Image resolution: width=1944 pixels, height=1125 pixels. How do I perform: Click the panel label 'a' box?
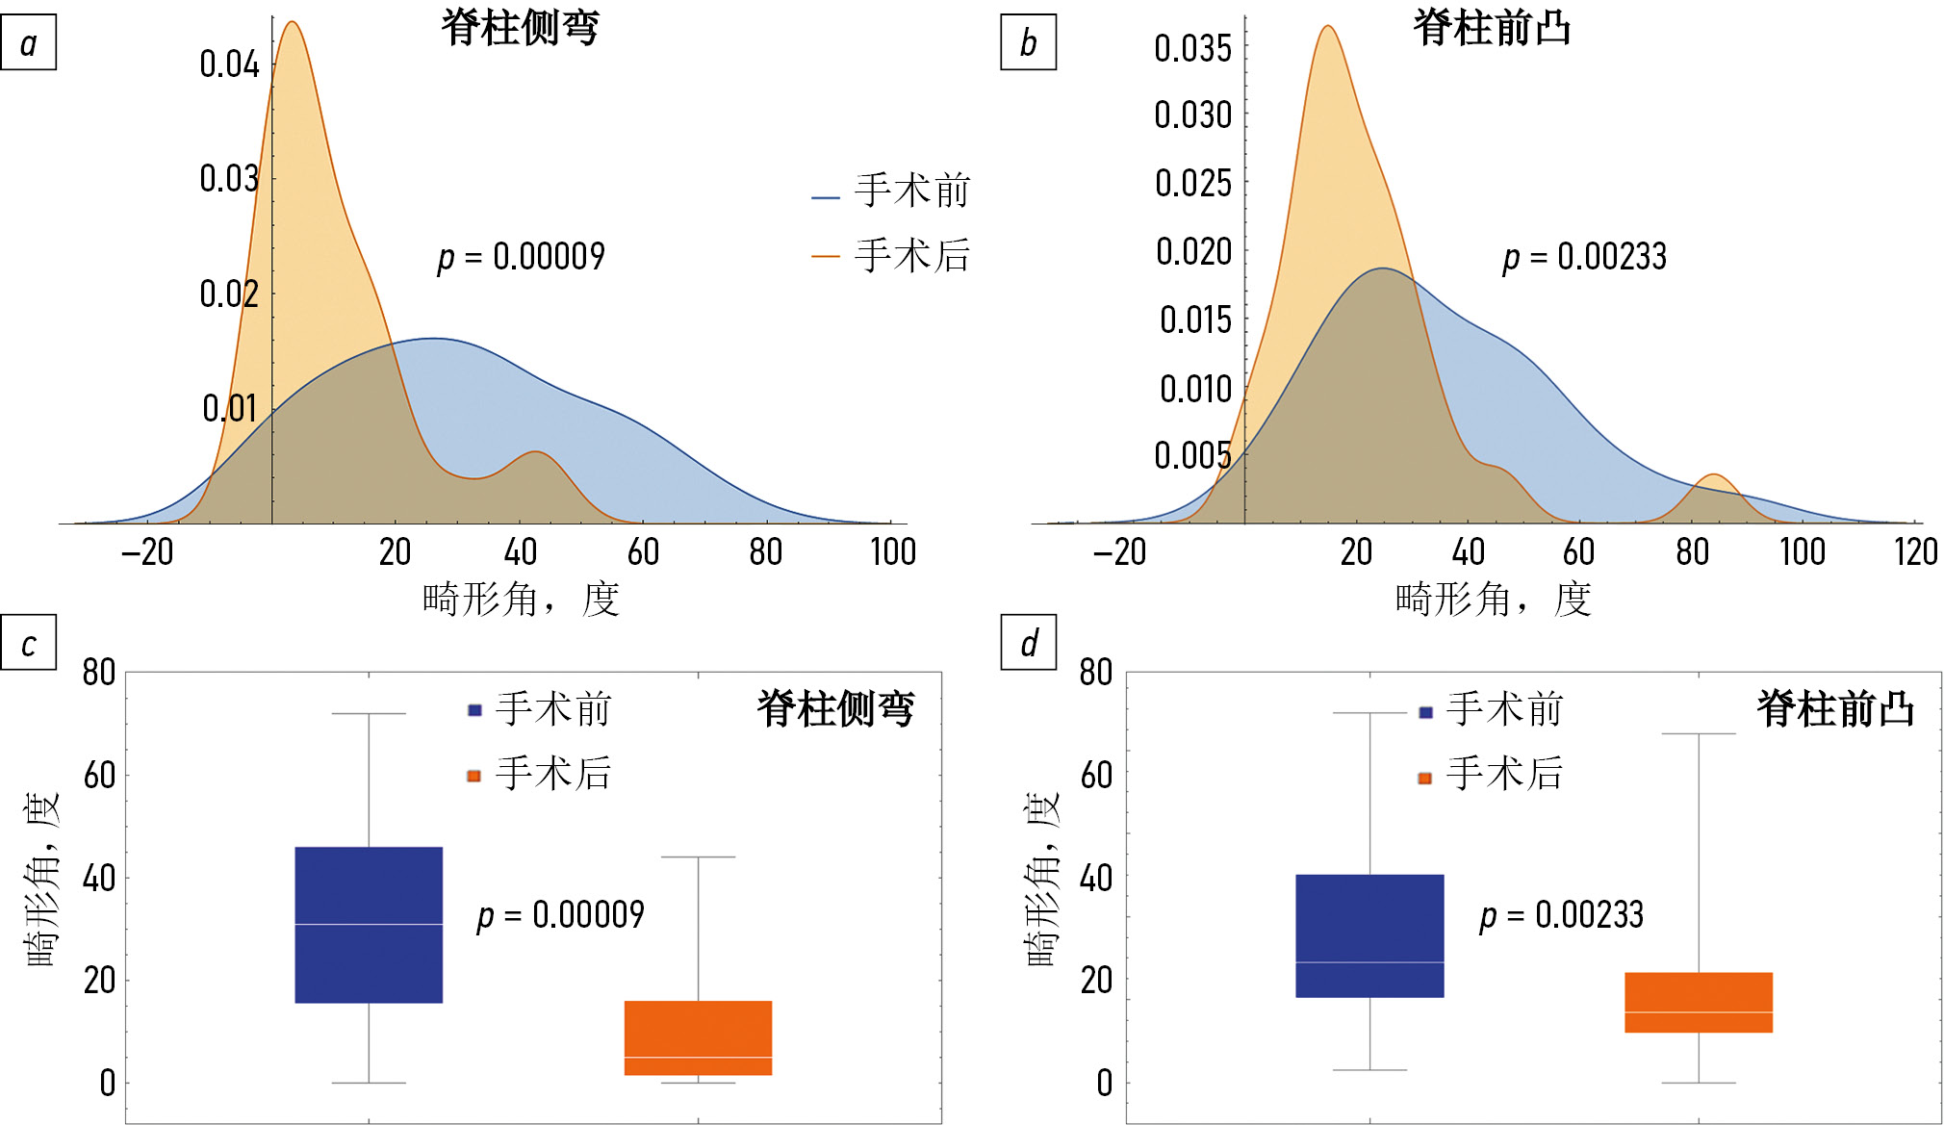click(x=28, y=42)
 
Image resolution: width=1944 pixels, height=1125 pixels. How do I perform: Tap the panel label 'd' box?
click(x=1028, y=642)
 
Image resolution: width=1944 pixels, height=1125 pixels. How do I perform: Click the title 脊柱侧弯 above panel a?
click(x=520, y=27)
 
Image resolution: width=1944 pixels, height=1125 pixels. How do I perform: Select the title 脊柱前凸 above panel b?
click(x=1492, y=27)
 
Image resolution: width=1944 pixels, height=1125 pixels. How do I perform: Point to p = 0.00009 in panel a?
click(x=522, y=257)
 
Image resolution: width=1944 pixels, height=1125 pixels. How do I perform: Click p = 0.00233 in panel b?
click(x=1584, y=257)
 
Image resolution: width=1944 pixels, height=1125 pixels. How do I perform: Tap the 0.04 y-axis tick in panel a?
click(x=229, y=64)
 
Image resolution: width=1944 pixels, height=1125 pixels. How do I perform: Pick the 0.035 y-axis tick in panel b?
click(x=1192, y=48)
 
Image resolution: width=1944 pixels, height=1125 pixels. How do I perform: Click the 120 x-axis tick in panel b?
click(x=1915, y=551)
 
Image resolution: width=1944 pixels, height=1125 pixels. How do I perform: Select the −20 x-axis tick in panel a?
click(x=147, y=551)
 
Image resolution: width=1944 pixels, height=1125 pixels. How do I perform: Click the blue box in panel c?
click(x=369, y=924)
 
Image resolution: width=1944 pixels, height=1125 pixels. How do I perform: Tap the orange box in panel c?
click(x=698, y=1037)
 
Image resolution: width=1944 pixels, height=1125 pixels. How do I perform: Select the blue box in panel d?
click(x=1369, y=935)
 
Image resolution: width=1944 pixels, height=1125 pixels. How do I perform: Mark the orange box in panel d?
click(x=1698, y=1002)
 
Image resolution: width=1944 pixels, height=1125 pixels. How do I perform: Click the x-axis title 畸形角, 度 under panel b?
click(x=1492, y=600)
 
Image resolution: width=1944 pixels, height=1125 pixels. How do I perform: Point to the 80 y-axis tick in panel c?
click(x=99, y=672)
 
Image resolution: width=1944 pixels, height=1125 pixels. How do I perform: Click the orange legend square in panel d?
click(x=1425, y=778)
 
